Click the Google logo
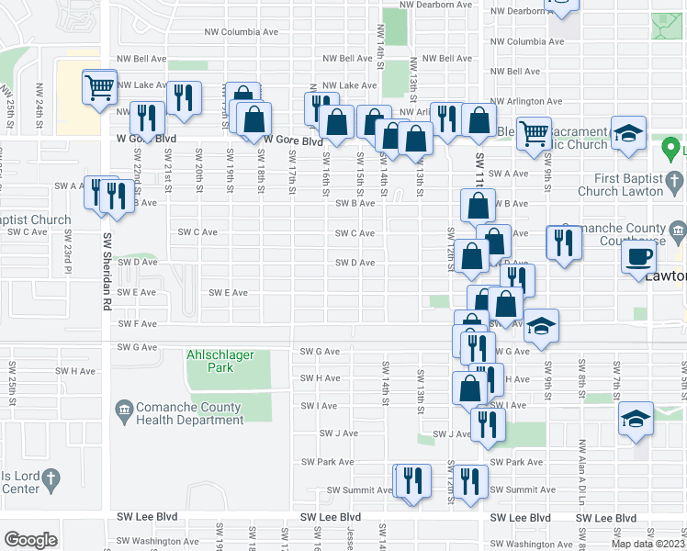[x=30, y=540]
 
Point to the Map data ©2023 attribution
[x=648, y=544]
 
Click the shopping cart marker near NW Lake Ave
[x=99, y=88]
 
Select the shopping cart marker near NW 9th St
[x=534, y=132]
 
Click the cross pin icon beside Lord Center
[x=51, y=478]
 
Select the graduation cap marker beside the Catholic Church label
[x=629, y=133]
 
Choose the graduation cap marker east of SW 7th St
[x=636, y=418]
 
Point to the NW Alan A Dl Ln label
[x=581, y=478]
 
